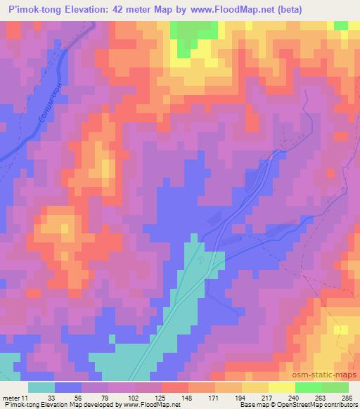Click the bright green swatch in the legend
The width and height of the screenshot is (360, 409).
click(309, 387)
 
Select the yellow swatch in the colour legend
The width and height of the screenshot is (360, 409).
click(255, 387)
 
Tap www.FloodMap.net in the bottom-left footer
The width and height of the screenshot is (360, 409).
click(149, 404)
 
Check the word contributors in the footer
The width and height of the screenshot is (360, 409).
click(338, 404)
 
